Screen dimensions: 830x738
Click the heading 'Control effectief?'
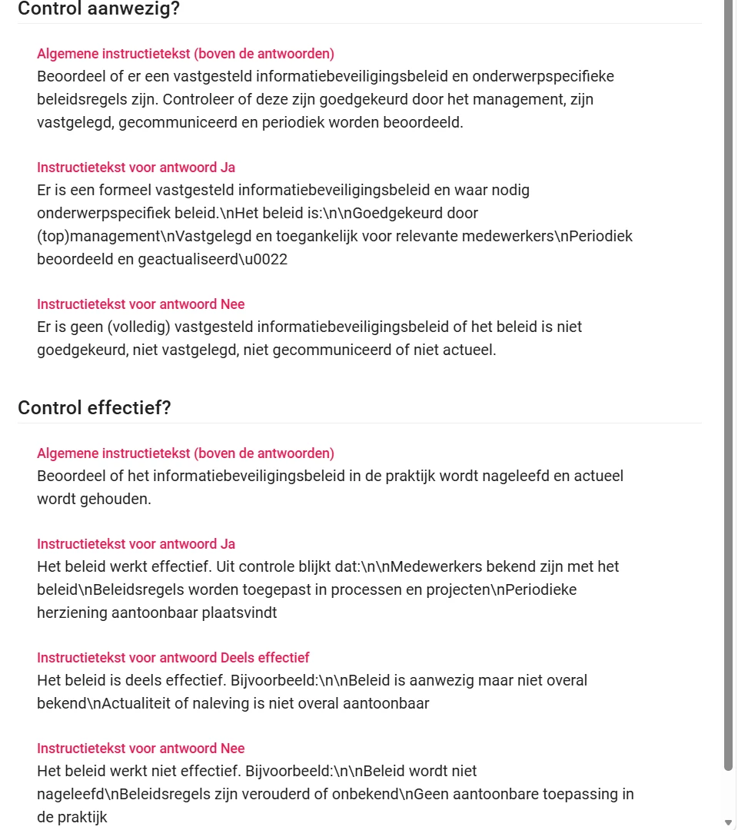pyautogui.click(x=94, y=407)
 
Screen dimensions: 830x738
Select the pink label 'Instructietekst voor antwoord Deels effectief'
pyautogui.click(x=173, y=658)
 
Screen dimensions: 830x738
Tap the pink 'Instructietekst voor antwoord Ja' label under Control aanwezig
pyautogui.click(x=136, y=168)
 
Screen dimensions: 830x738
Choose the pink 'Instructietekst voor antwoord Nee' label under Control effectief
pyautogui.click(x=141, y=749)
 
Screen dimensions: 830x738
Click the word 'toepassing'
pyautogui.click(x=568, y=794)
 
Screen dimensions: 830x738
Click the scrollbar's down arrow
pyautogui.click(x=729, y=823)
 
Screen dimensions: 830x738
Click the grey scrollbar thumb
pyautogui.click(x=729, y=384)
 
